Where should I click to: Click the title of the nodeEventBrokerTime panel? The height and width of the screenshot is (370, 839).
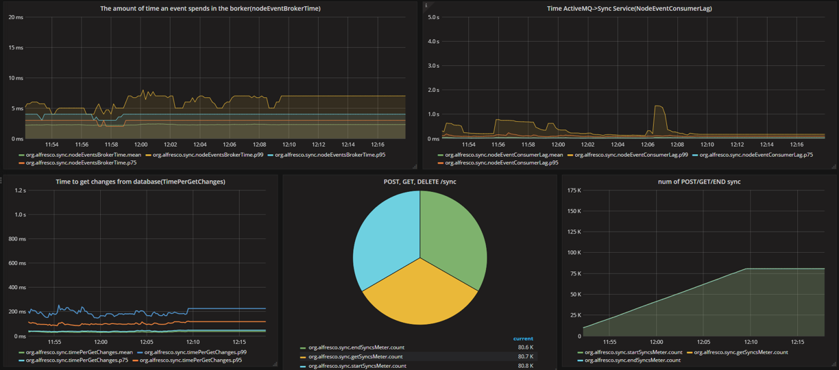[x=210, y=8]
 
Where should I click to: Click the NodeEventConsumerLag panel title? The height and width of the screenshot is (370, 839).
[x=629, y=8]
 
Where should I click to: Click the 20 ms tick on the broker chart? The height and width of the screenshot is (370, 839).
[x=15, y=17]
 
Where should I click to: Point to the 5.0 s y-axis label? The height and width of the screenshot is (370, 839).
[x=433, y=17]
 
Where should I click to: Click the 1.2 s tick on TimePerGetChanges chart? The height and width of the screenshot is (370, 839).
[x=16, y=190]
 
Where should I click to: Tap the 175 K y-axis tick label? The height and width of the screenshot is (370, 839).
[x=574, y=190]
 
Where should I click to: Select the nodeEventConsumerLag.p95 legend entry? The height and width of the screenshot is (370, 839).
[x=501, y=162]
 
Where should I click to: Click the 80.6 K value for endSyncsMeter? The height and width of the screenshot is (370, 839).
[x=526, y=347]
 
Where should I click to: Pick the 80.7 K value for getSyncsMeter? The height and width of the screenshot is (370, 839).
[x=526, y=356]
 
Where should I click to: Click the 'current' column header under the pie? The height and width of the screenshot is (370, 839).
[x=523, y=338]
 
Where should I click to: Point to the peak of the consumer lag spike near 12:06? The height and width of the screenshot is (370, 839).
[x=659, y=106]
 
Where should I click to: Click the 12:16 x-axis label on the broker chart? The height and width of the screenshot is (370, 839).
[x=377, y=145]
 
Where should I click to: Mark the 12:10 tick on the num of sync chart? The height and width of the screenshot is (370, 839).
[x=751, y=341]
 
